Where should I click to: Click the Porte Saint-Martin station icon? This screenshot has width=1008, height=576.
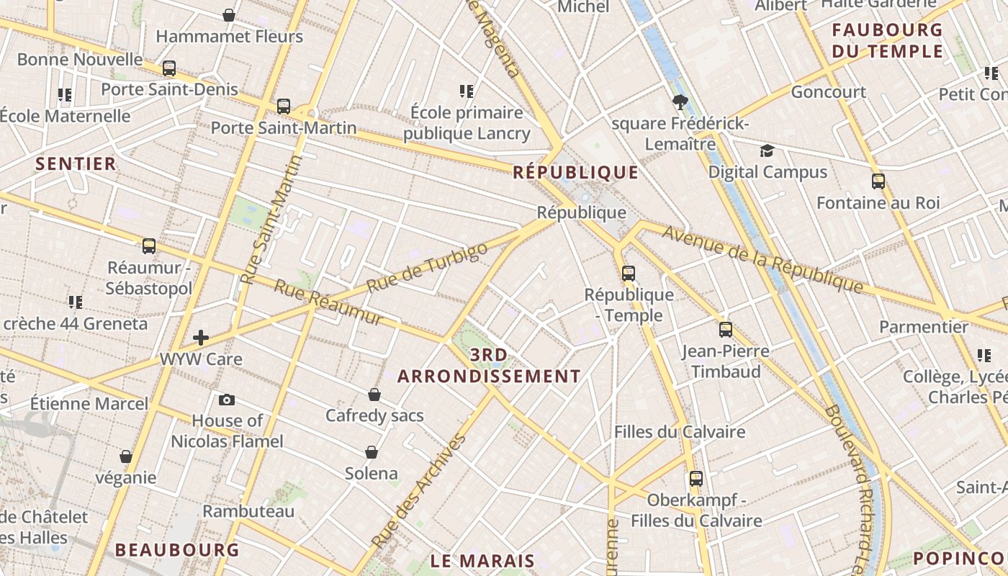[x=284, y=107]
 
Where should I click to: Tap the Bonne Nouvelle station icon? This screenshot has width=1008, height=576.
[x=169, y=68]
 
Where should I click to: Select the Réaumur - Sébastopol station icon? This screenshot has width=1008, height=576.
[x=149, y=246]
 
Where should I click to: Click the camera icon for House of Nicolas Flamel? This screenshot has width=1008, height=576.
[x=227, y=400]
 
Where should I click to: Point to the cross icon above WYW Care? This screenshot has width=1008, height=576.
[x=201, y=337]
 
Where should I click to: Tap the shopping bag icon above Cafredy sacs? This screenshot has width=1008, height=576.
[x=374, y=395]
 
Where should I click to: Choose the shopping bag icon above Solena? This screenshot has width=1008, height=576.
[x=372, y=452]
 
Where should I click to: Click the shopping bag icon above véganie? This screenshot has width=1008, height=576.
[x=126, y=456]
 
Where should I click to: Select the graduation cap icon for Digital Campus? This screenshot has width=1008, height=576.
[x=768, y=151]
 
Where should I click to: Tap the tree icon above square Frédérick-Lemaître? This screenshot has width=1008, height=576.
[x=680, y=103]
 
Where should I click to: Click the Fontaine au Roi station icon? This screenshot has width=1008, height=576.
[x=878, y=181]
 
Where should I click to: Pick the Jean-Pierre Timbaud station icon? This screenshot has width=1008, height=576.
[x=726, y=330]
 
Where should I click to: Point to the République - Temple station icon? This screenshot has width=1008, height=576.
[x=629, y=274]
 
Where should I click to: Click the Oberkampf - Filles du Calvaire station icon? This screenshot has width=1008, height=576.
[x=696, y=479]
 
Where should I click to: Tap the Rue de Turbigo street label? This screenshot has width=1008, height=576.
[x=426, y=268]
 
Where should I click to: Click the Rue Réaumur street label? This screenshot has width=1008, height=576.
[x=328, y=302]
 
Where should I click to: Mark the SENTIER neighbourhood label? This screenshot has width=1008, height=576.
[x=76, y=164]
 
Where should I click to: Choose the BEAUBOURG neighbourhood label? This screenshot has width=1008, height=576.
[x=176, y=550]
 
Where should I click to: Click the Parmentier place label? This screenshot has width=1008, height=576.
[x=924, y=327]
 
